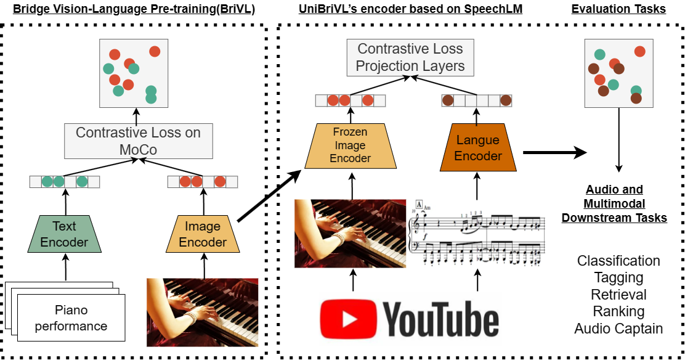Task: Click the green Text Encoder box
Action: pos(64,234)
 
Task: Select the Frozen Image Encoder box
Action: pos(351,145)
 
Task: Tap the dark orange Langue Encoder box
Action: pos(478,147)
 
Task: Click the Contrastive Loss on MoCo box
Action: pos(139,141)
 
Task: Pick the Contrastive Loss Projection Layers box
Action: pos(410,57)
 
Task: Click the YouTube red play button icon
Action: pos(349,319)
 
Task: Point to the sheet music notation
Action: pos(477,233)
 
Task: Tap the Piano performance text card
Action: pos(71,317)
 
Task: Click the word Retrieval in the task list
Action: pos(618,295)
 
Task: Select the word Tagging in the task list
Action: pos(618,278)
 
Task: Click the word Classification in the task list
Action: pos(618,261)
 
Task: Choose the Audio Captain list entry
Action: pos(618,329)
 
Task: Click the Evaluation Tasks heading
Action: pos(618,9)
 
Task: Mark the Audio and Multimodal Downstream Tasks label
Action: pos(614,203)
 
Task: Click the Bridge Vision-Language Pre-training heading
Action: pos(134,9)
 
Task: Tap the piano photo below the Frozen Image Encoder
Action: pos(351,234)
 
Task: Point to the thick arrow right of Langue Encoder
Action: pos(555,153)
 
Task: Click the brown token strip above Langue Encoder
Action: pos(477,100)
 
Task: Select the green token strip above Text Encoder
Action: pos(65,181)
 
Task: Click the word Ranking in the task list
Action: pos(618,311)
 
